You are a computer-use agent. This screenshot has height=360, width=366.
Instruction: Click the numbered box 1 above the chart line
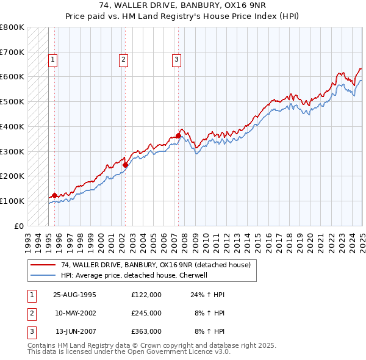[x=53, y=60]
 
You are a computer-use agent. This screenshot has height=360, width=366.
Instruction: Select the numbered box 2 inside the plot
[x=123, y=60]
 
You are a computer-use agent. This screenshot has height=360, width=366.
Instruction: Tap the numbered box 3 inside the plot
[x=176, y=60]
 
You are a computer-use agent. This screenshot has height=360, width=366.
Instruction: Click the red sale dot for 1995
[x=54, y=195]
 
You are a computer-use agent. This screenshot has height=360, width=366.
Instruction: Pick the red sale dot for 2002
[x=125, y=164]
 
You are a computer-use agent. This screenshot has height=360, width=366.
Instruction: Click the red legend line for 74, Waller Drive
[x=43, y=265]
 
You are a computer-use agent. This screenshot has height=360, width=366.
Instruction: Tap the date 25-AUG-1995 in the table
[x=74, y=295]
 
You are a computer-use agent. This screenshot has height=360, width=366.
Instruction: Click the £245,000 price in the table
[x=146, y=313]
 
